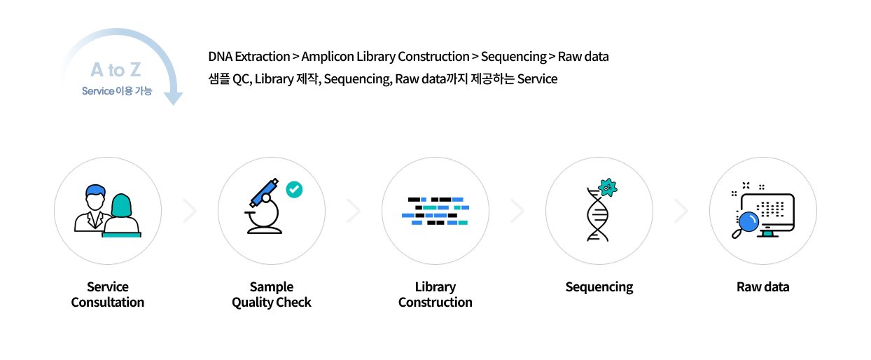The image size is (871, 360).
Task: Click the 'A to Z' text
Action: [116, 70]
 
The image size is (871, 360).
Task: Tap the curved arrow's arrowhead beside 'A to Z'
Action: [173, 98]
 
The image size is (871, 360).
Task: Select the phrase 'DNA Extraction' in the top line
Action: [249, 56]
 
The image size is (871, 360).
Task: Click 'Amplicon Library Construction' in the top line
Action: [385, 56]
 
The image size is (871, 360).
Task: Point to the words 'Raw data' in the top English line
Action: [583, 56]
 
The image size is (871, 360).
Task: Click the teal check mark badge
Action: [294, 189]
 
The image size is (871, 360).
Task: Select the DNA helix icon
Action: [597, 216]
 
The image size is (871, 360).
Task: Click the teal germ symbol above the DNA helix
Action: [608, 187]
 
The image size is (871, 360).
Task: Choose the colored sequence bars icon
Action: [435, 211]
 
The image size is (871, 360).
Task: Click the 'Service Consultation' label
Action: [108, 295]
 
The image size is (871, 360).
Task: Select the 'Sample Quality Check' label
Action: [272, 295]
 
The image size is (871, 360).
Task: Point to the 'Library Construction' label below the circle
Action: [435, 295]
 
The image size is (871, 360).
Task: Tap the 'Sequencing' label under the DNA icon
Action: [599, 287]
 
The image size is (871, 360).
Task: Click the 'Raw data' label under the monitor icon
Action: [762, 287]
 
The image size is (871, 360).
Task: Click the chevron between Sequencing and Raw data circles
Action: [681, 211]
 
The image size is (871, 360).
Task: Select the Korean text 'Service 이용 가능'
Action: [116, 91]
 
